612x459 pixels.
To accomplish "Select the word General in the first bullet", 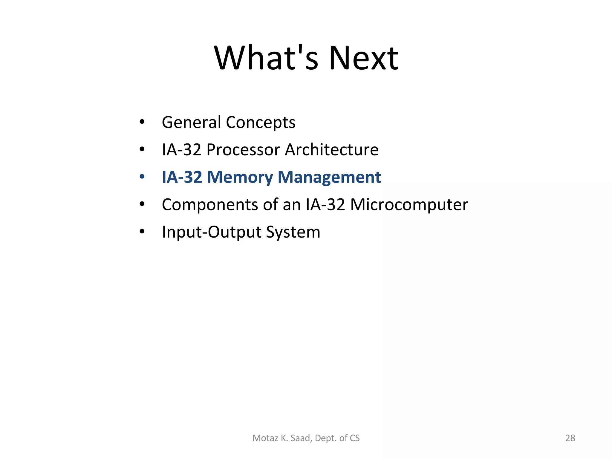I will pyautogui.click(x=191, y=122).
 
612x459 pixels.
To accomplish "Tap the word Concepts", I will pyautogui.click(x=261, y=123).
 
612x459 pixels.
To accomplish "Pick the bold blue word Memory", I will pyautogui.click(x=240, y=177).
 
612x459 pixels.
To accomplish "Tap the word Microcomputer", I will pyautogui.click(x=409, y=205).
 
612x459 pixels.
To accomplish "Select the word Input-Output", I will pyautogui.click(x=212, y=232).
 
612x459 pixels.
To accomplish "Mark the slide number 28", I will pyautogui.click(x=570, y=438).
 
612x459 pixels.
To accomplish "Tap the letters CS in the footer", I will pyautogui.click(x=355, y=438).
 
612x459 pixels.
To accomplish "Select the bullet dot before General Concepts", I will pyautogui.click(x=142, y=122).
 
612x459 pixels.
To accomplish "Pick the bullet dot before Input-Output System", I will pyautogui.click(x=142, y=232).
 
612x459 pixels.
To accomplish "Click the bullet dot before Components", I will pyautogui.click(x=142, y=204).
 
